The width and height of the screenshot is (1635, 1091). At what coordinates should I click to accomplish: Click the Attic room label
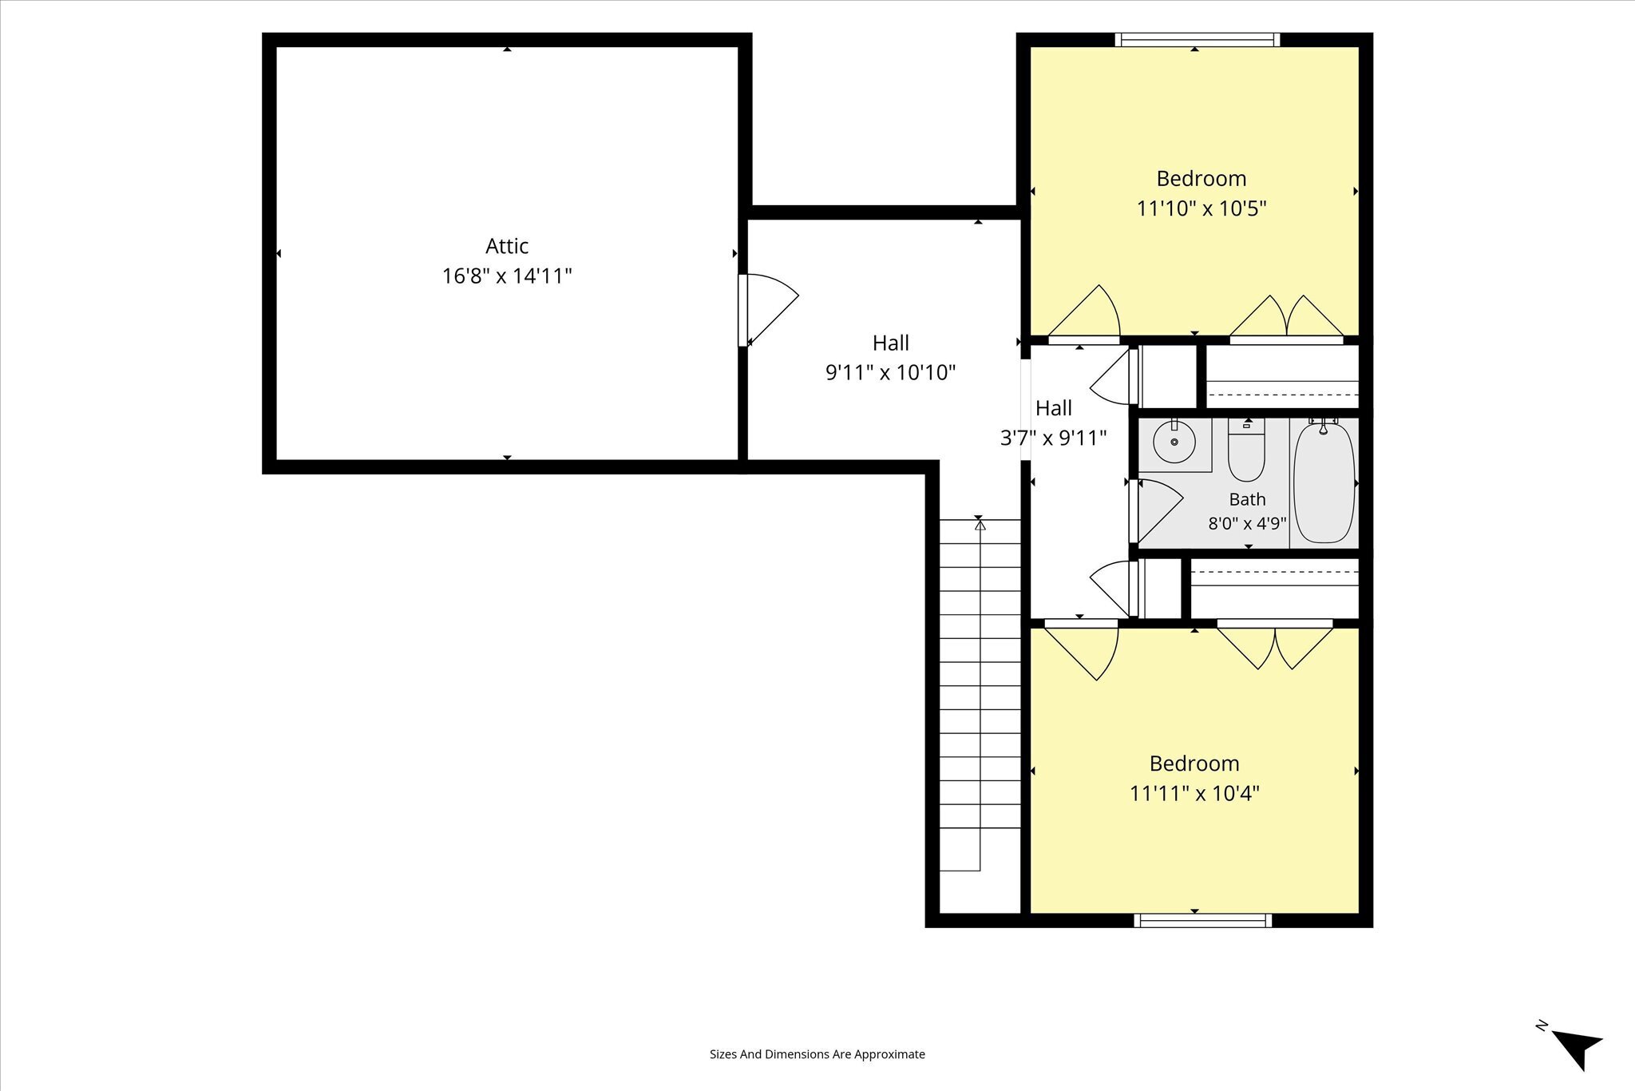(507, 246)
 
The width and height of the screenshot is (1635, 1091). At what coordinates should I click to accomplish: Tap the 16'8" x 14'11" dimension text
(507, 276)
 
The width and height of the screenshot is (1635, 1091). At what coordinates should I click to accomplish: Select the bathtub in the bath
(1324, 482)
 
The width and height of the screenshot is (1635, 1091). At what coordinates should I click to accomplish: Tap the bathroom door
(1156, 511)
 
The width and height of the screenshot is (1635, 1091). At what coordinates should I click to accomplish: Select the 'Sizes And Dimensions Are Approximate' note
(817, 1054)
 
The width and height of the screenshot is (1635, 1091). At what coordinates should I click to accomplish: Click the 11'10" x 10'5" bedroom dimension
(1202, 208)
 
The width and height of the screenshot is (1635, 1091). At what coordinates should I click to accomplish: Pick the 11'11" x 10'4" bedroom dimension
(1194, 794)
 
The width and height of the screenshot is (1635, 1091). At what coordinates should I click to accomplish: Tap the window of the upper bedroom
(1198, 40)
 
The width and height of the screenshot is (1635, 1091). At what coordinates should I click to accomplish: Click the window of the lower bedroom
(1202, 920)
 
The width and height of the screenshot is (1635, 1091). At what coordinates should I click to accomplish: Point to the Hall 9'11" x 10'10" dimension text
(890, 373)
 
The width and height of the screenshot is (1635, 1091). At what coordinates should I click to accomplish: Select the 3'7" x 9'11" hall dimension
(1053, 438)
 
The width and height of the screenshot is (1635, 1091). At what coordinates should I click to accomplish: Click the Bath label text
(1247, 500)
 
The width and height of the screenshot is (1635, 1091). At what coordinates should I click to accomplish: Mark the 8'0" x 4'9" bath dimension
(1247, 524)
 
